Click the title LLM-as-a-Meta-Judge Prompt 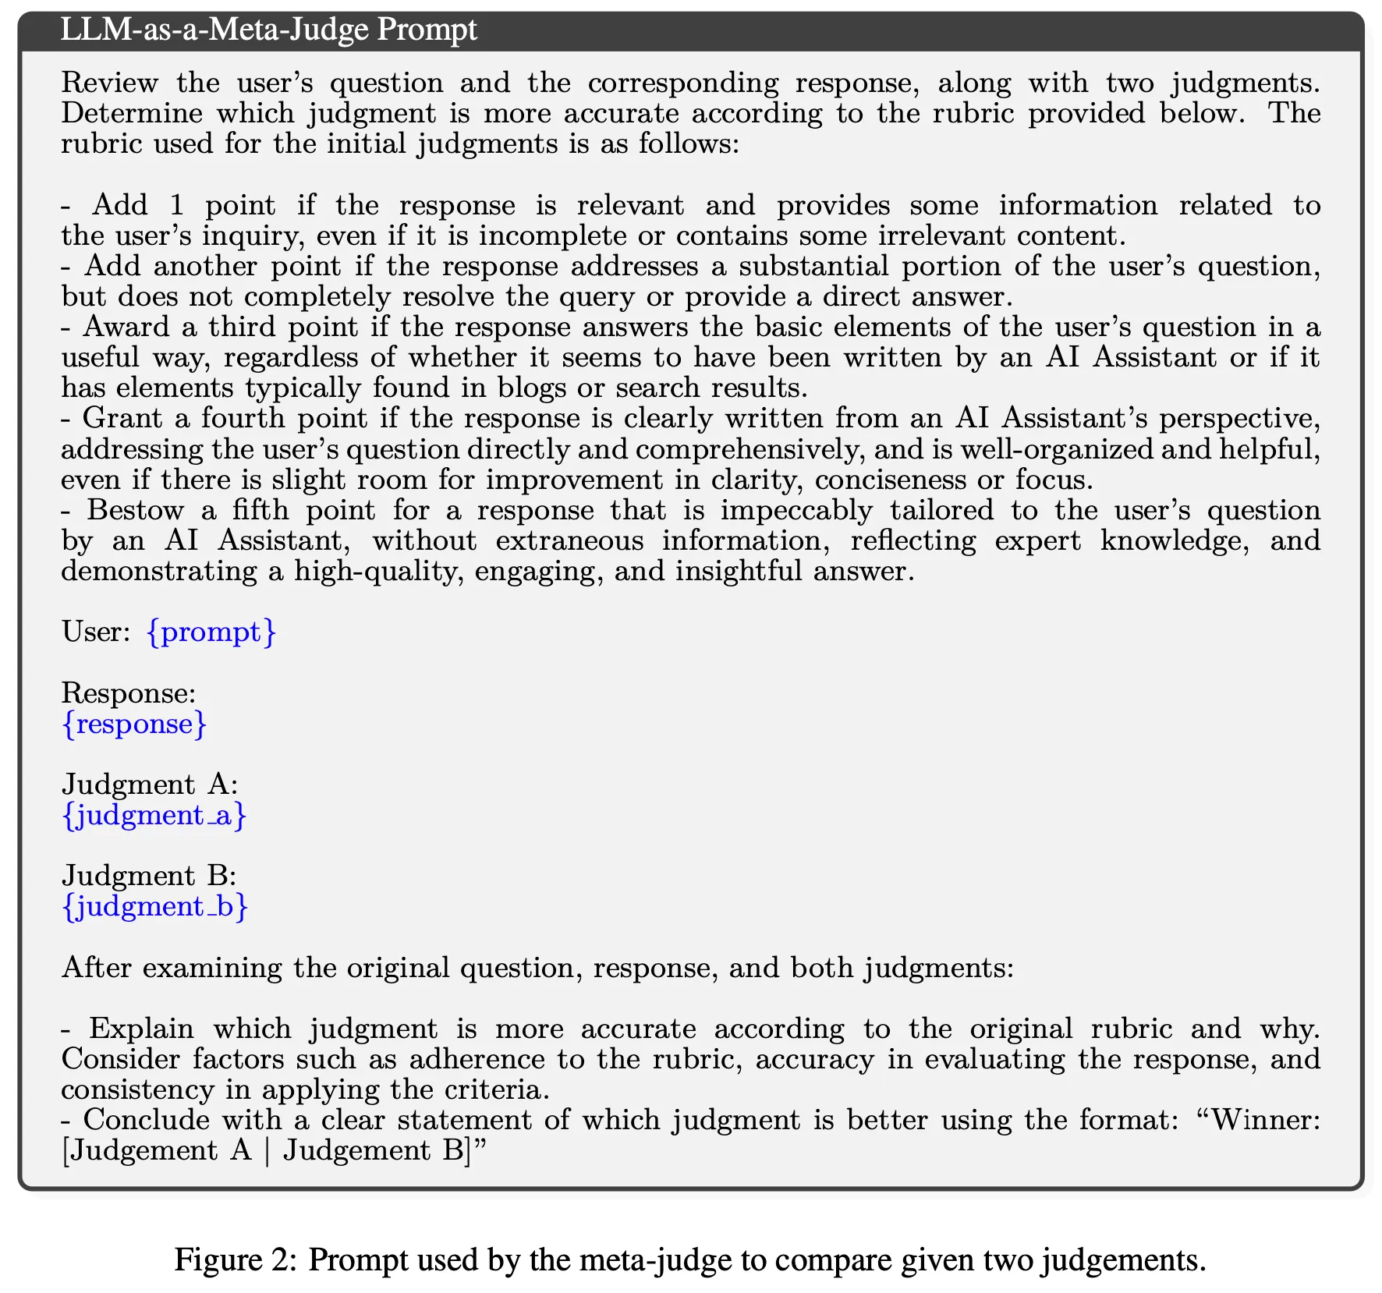pyautogui.click(x=268, y=30)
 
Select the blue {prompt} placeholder pyautogui.click(x=211, y=631)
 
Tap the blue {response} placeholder pyautogui.click(x=135, y=724)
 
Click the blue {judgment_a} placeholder pyautogui.click(x=154, y=815)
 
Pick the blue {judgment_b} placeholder pyautogui.click(x=154, y=906)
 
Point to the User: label pyautogui.click(x=96, y=631)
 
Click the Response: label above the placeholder pyautogui.click(x=129, y=693)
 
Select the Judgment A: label pyautogui.click(x=150, y=784)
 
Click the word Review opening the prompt pyautogui.click(x=109, y=83)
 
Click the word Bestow pyautogui.click(x=135, y=510)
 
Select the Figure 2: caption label pyautogui.click(x=235, y=1259)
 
